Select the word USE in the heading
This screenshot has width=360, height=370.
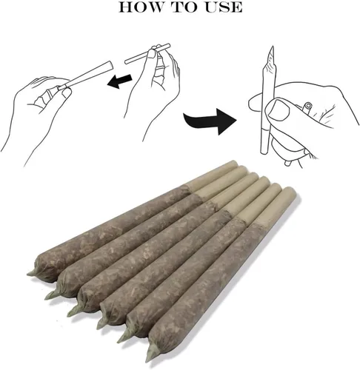pos(224,7)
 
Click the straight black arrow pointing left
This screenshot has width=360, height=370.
pos(120,81)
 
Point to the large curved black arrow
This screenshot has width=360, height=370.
pos(210,120)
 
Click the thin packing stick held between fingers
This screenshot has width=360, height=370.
pos(147,54)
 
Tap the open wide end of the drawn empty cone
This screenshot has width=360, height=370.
pos(110,65)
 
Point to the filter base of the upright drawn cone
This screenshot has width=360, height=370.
pos(265,141)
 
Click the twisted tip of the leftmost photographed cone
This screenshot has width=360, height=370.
pos(31,273)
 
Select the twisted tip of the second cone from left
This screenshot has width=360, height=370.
pos(51,295)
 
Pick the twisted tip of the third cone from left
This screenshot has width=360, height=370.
pos(73,312)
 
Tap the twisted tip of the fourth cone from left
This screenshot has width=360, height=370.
pos(101,323)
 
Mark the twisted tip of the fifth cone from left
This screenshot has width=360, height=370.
pos(124,337)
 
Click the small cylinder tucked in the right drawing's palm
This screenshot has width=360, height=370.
pos(307,107)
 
